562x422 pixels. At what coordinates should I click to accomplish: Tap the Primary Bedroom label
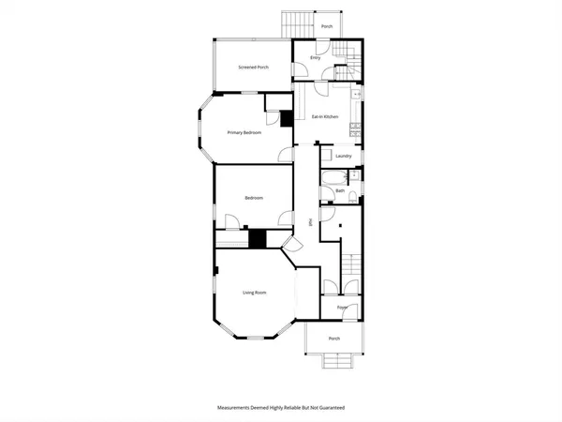pos(244,133)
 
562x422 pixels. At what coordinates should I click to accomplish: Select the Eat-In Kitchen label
pos(326,115)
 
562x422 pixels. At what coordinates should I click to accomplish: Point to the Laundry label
pos(343,156)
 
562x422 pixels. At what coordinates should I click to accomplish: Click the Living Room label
pos(255,294)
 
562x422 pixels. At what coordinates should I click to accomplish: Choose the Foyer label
pos(343,307)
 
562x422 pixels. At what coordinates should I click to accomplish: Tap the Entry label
pos(317,58)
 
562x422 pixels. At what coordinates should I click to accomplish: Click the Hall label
pos(310,222)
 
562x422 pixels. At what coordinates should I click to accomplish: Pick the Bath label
pos(341,191)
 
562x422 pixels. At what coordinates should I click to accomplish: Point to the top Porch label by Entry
pos(327,26)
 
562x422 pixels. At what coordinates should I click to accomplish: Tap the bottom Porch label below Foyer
pos(334,339)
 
